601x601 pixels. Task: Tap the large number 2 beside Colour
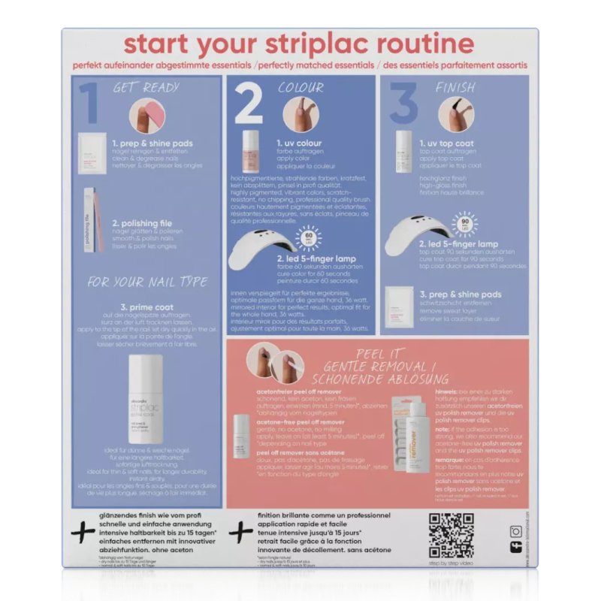pos(249,104)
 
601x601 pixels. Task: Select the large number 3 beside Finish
pos(403,104)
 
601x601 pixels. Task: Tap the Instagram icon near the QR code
pos(515,532)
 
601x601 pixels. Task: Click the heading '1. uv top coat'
pos(452,143)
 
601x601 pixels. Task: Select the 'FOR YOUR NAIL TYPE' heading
pos(147,282)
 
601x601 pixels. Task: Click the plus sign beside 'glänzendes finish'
pos(82,533)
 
